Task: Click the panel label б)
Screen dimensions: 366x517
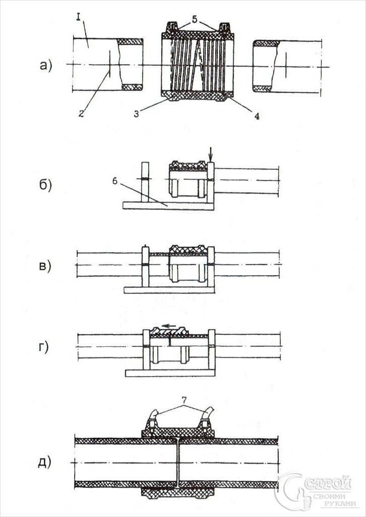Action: click(45, 185)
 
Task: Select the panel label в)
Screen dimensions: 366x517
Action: click(45, 266)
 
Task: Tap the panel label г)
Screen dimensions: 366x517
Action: click(44, 348)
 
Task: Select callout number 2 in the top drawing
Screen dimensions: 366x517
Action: click(82, 114)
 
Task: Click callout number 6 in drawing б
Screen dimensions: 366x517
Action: click(115, 182)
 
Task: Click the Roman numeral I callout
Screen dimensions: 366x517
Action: click(78, 17)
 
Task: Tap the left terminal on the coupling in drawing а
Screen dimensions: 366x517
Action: click(173, 26)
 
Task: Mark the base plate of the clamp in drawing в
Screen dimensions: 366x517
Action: click(169, 290)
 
